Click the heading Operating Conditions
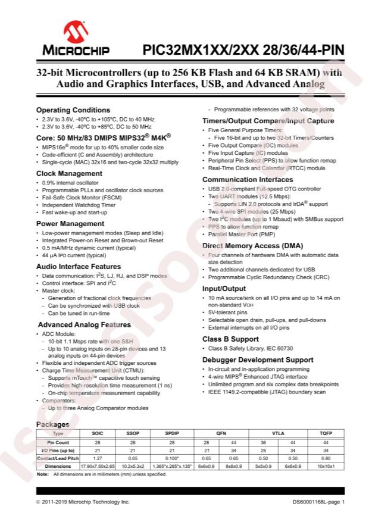pos(73,110)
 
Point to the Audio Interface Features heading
pos(79,266)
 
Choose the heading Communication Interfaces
pos(248,179)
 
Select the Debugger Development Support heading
pos(258,360)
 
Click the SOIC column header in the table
pos(96,434)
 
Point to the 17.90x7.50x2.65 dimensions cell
pos(96,467)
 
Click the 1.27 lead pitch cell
pos(96,458)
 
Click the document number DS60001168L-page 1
pos(319,502)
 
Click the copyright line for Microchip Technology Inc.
pos(82,502)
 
